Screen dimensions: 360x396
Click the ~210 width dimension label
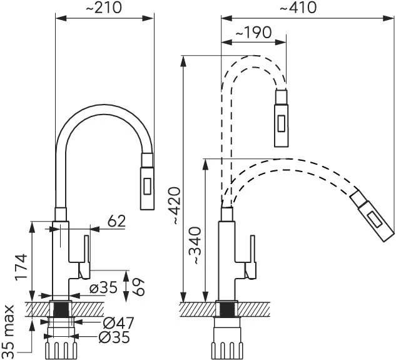point(104,8)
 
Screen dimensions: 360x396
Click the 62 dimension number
point(116,220)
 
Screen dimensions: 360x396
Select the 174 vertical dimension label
point(21,267)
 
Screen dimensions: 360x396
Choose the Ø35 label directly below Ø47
point(117,337)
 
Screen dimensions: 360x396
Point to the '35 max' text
point(8,328)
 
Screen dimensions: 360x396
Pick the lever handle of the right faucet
point(251,256)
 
